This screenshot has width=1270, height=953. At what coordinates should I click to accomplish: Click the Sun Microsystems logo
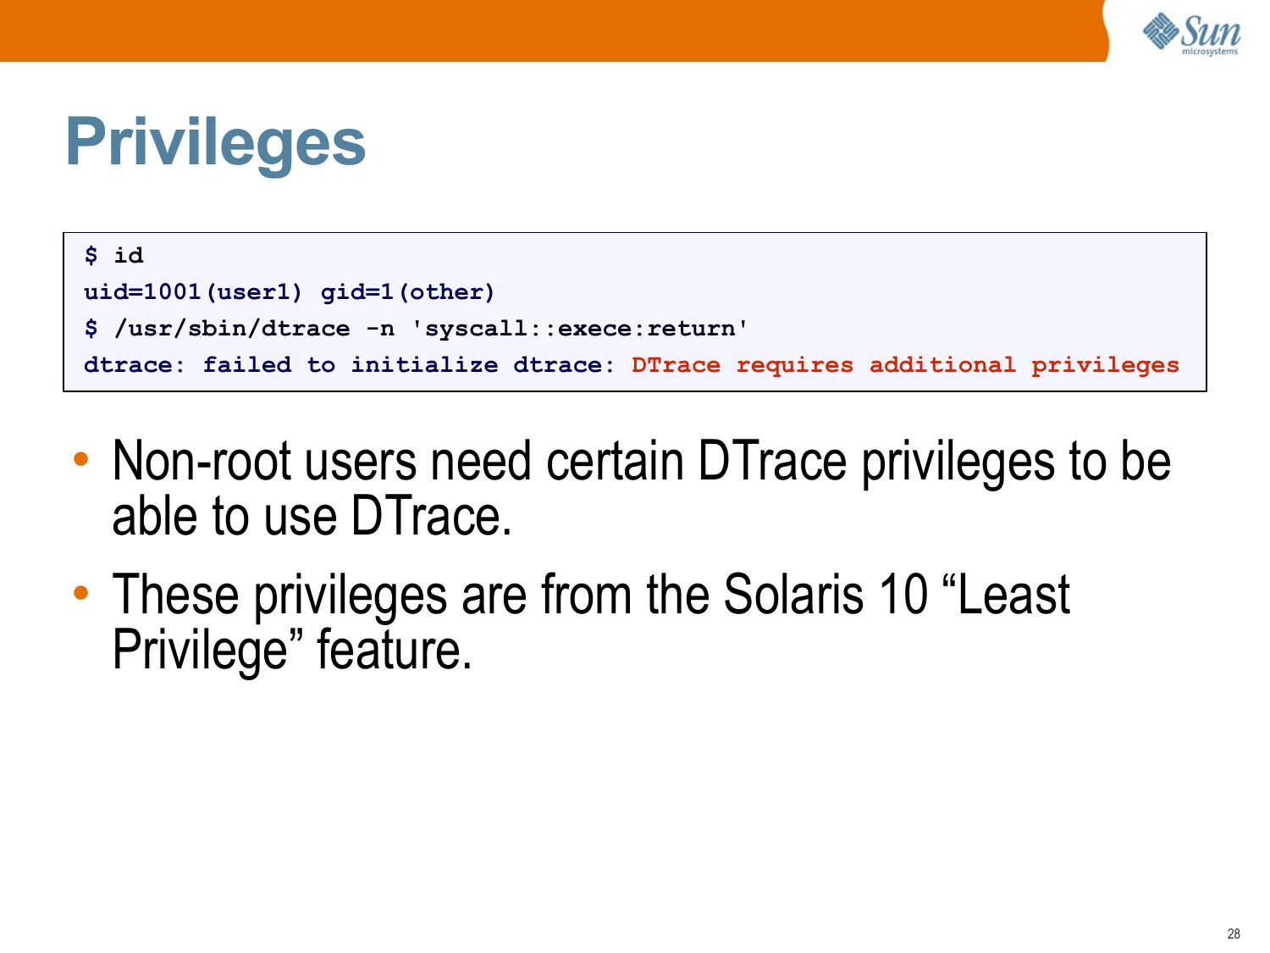click(x=1191, y=34)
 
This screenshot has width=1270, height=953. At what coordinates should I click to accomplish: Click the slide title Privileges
click(x=215, y=142)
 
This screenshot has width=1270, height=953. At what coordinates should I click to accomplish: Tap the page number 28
click(x=1234, y=934)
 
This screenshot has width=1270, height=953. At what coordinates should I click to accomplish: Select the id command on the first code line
click(x=129, y=255)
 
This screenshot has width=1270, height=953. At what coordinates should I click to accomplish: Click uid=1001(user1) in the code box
click(x=193, y=292)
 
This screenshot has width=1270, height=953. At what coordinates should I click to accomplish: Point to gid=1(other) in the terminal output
click(x=408, y=292)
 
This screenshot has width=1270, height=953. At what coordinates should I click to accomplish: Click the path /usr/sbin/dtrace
click(x=232, y=329)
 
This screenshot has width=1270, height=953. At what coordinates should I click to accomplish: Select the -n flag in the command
click(x=381, y=330)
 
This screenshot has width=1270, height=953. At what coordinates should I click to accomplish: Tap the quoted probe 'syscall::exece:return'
click(x=579, y=328)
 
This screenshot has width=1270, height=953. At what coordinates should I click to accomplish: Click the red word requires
click(x=795, y=366)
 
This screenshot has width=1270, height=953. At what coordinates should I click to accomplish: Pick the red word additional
click(x=942, y=364)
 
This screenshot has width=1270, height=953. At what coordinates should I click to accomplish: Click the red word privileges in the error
click(x=1105, y=366)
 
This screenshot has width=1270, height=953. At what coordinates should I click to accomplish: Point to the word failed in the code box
click(x=247, y=364)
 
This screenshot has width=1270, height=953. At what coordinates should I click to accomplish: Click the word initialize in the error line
click(x=425, y=364)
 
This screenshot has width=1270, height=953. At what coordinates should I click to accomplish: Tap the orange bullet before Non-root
click(x=81, y=459)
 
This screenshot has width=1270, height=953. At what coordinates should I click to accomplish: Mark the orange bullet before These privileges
click(x=81, y=592)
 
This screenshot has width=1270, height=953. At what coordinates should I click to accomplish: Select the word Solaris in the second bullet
click(x=793, y=594)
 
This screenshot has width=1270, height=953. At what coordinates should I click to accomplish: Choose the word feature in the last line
click(x=394, y=649)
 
